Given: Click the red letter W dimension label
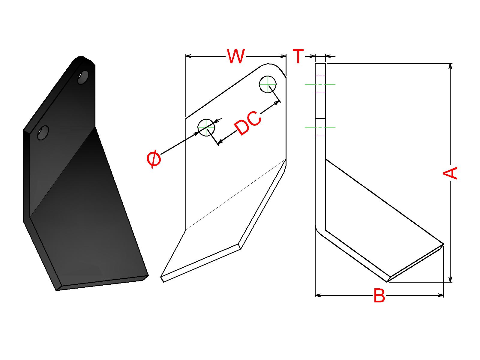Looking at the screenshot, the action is (x=236, y=56).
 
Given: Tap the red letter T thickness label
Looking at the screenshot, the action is (x=298, y=56).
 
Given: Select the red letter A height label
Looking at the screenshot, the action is (x=450, y=173).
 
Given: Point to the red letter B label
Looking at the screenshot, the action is (x=379, y=295).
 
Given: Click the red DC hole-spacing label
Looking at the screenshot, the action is (x=248, y=123).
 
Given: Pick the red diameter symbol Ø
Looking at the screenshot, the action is (x=154, y=159).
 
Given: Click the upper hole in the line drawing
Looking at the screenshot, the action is (x=268, y=84).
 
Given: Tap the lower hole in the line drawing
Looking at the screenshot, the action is (x=206, y=128).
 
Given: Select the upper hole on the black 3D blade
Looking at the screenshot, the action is (x=83, y=77).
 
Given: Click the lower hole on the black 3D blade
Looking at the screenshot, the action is (x=43, y=133).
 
